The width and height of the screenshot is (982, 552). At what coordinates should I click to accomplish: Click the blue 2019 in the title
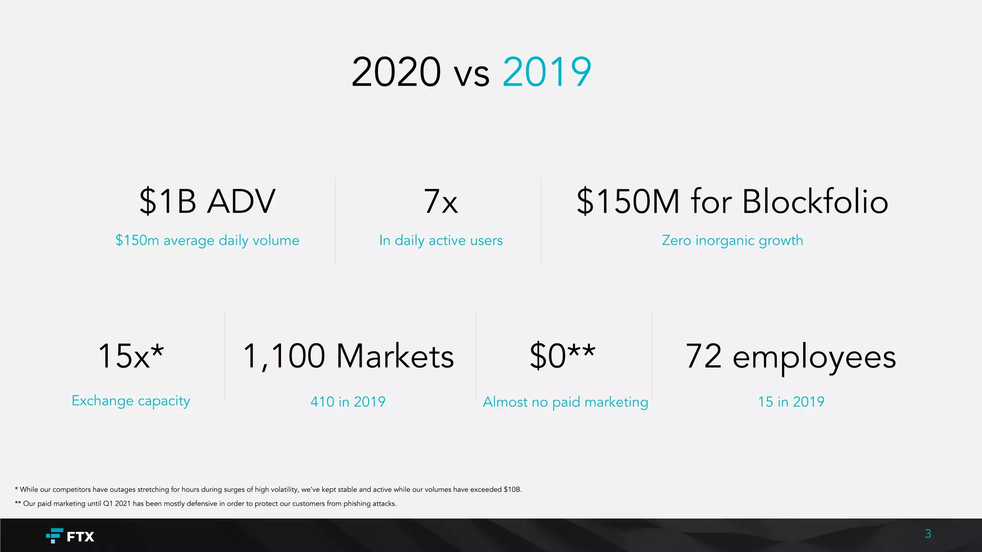click(x=547, y=72)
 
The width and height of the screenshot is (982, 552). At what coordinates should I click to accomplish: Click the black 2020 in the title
click(x=396, y=72)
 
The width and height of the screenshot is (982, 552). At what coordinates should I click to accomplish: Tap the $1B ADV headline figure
click(x=207, y=201)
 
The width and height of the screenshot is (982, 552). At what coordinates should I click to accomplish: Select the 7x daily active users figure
click(x=441, y=201)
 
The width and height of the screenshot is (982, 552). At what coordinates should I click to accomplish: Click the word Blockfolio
click(x=815, y=201)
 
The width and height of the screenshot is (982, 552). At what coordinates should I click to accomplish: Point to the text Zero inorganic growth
click(x=732, y=240)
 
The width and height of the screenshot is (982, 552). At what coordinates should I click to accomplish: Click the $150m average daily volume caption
click(x=207, y=240)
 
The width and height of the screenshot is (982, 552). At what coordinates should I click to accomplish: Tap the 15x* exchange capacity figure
click(x=130, y=356)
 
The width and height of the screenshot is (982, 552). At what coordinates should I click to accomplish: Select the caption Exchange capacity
click(x=130, y=401)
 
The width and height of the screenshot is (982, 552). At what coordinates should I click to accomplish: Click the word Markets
click(x=395, y=356)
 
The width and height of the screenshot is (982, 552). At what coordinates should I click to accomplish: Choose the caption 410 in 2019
click(x=348, y=402)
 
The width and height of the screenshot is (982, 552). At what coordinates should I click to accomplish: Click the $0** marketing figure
click(x=562, y=356)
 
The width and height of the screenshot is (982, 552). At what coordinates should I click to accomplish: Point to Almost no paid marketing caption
click(x=565, y=402)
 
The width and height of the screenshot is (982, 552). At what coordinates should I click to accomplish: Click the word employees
click(x=814, y=357)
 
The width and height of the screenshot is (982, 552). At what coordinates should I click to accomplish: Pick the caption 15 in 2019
click(x=791, y=402)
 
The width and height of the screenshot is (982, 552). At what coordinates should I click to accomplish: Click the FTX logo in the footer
click(x=70, y=536)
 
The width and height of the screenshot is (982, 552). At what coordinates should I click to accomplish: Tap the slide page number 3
click(x=928, y=534)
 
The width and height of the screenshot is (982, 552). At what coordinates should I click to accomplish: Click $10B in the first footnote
click(x=512, y=490)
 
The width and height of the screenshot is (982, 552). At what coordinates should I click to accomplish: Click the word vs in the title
click(x=472, y=74)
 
